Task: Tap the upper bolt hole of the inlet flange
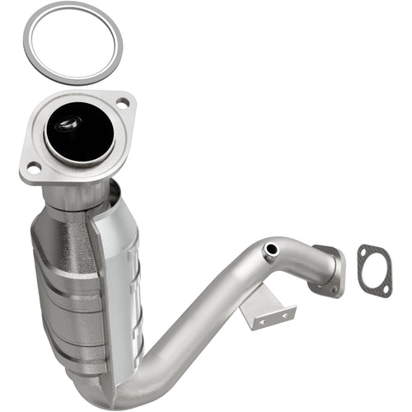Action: coord(122,102)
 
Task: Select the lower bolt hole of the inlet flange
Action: coord(34,168)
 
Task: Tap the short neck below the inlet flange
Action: coord(78,194)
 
